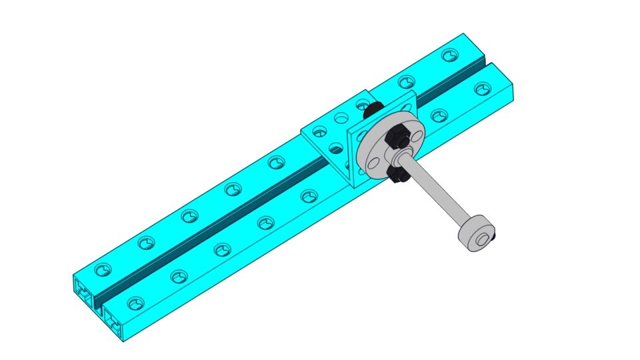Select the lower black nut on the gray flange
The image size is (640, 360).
coord(397,174)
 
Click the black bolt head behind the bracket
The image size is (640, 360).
coord(375,107)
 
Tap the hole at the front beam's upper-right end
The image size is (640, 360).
coord(482,89)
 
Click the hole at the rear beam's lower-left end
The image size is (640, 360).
coord(102,271)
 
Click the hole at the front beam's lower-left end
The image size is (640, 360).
coord(135,304)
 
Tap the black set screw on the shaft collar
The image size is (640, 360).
coord(494,234)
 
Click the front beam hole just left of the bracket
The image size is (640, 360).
coord(308,197)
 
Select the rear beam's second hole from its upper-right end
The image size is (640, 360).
coord(407,81)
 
